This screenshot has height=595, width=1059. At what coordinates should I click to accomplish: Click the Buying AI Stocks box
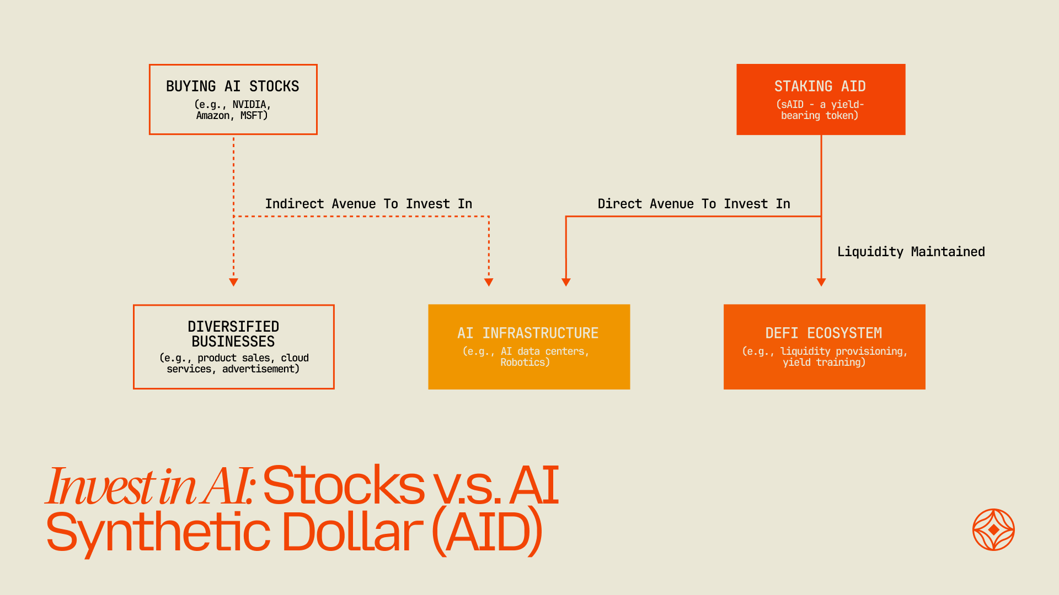point(233,99)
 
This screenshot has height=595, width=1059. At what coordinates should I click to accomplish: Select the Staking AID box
point(820,99)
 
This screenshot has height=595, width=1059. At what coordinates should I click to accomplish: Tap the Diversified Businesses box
point(233,347)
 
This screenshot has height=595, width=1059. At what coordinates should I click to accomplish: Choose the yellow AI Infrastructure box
point(528,347)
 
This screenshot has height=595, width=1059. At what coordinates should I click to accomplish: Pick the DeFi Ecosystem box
point(824,347)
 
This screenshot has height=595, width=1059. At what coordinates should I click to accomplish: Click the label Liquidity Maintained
point(911,252)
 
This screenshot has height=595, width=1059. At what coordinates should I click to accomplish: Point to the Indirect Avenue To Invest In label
point(368,204)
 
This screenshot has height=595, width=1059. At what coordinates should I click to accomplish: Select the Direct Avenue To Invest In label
point(693,204)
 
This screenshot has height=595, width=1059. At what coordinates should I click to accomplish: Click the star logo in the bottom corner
point(993,529)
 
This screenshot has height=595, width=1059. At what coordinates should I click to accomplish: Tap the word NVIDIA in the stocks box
point(249,105)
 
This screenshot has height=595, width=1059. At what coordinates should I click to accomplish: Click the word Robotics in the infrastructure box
point(524,363)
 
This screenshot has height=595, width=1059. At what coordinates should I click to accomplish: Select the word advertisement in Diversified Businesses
point(260,369)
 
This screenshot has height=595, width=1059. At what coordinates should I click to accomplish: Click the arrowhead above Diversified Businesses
point(233,282)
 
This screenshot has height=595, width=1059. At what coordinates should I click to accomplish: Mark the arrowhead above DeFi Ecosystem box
point(821,282)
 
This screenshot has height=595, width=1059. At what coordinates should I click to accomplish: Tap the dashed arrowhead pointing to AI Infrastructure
point(489,282)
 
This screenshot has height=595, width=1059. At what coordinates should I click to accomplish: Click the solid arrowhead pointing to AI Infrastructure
point(566,282)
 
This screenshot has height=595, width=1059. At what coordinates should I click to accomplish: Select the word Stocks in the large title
point(344,485)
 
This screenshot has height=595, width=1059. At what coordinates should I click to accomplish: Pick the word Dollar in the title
point(352,532)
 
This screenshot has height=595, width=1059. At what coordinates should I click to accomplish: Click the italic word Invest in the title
point(99,486)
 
